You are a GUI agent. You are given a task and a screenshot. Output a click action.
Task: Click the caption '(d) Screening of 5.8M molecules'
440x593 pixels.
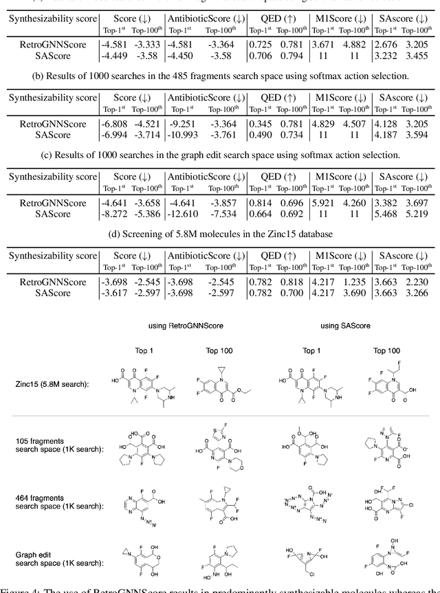219,238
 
